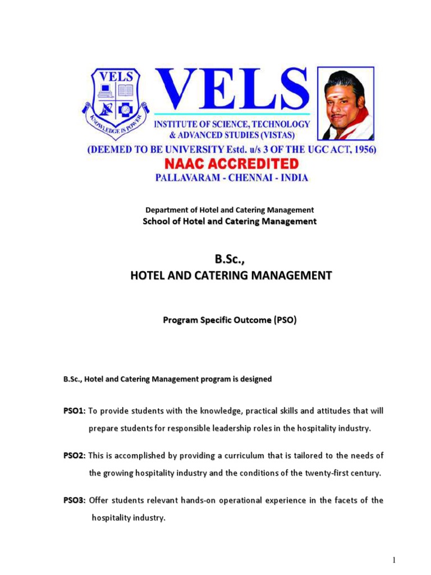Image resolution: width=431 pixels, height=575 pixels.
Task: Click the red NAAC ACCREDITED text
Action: (x=231, y=164)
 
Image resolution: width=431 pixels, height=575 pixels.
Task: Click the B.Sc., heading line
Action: (x=231, y=259)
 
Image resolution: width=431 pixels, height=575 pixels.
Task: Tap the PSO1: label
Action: (x=74, y=411)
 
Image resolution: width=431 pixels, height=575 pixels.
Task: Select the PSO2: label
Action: (x=74, y=455)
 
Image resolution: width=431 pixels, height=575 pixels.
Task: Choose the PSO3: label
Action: (x=74, y=500)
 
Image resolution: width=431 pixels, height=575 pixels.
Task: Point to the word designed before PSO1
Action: (x=255, y=379)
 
